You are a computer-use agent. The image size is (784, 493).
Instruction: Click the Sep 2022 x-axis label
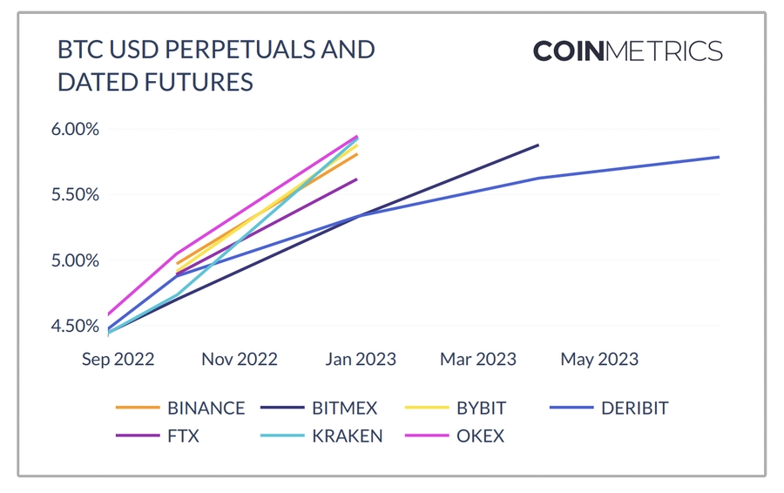tap(118, 359)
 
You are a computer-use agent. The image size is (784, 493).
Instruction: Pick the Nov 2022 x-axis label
tap(239, 359)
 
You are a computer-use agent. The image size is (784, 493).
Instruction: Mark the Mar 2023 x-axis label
tap(478, 359)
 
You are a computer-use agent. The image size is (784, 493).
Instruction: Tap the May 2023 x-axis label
tap(599, 359)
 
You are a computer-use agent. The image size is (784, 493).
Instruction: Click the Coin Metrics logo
tap(627, 51)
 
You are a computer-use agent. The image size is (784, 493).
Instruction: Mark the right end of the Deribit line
tap(719, 157)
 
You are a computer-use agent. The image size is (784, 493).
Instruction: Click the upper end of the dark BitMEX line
tap(537, 145)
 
